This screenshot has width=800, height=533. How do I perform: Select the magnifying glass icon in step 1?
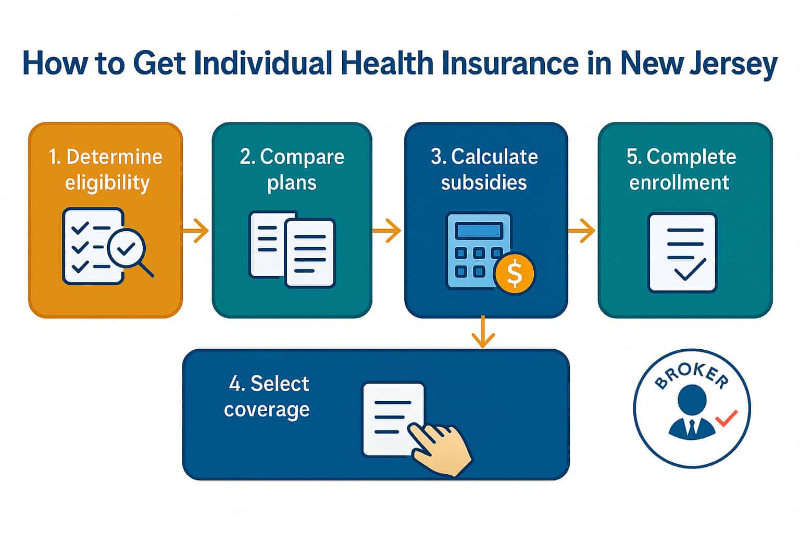(x=127, y=250)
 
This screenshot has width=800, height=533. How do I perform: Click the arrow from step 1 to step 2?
(x=196, y=230)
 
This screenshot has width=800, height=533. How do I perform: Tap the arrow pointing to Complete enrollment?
(x=582, y=230)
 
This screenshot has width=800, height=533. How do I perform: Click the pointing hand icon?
(x=442, y=448)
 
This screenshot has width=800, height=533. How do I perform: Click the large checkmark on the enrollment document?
(x=690, y=269)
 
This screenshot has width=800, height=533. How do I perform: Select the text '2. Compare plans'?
(x=292, y=170)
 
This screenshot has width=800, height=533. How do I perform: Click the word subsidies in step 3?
(x=483, y=183)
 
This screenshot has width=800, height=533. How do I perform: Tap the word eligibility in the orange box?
(x=107, y=183)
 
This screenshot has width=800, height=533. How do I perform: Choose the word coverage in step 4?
(x=267, y=410)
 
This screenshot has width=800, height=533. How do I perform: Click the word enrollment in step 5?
(x=679, y=183)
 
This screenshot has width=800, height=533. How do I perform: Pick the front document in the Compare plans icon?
(x=310, y=253)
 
